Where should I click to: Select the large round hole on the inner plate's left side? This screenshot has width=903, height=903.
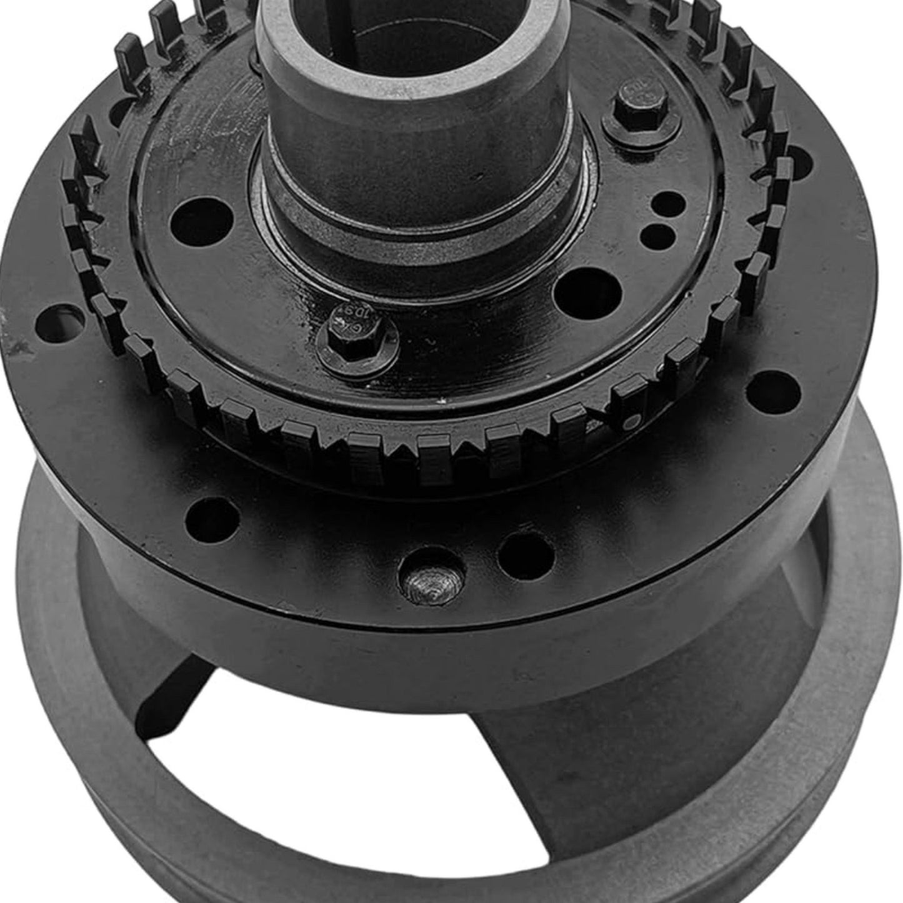coord(201,222)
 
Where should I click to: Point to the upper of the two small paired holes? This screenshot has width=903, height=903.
coord(667,204)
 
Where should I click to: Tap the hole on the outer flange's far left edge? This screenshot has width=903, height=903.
coord(59,323)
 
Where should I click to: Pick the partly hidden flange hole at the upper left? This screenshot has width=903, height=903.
coord(122,112)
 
